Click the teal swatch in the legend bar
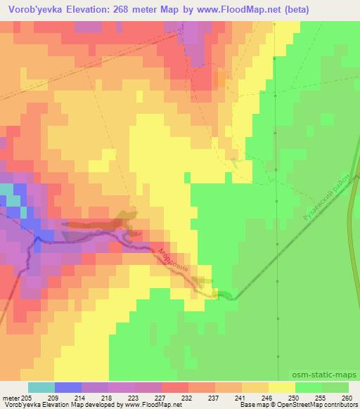click(41, 387)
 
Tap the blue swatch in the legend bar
click(68, 387)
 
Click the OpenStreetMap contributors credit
click(314, 405)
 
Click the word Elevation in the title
click(91, 8)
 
